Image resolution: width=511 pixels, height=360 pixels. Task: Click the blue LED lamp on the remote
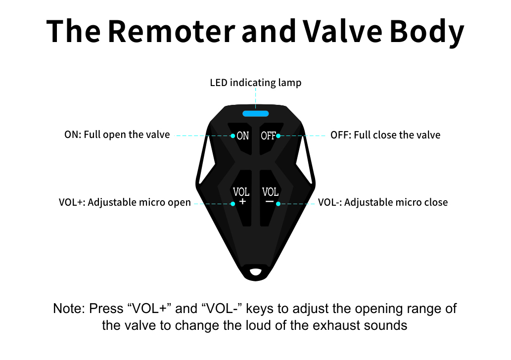coord(255,114)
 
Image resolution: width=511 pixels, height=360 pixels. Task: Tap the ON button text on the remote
coord(243,135)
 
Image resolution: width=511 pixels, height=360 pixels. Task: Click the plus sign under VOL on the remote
coord(242,202)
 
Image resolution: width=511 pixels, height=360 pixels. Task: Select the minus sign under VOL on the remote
coord(270,202)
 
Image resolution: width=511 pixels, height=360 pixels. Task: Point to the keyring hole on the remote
coord(255,271)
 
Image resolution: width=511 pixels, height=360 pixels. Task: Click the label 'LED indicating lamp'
coord(255,83)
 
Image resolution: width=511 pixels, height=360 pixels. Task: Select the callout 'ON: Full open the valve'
coord(117,135)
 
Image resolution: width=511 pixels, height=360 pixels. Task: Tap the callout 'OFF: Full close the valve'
coord(385,135)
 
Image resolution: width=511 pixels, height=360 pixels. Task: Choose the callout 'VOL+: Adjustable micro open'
coord(124,202)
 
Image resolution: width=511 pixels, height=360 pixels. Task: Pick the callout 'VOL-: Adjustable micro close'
coord(383,202)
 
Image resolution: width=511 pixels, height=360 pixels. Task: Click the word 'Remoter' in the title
coord(171,31)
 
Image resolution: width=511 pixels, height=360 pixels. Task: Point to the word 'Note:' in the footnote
coord(69,309)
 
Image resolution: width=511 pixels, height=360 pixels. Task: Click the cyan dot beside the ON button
coord(232,135)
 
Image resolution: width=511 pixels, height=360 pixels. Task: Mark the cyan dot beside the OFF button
coord(278,135)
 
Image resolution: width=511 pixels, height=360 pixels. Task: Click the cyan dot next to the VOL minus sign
coord(278,203)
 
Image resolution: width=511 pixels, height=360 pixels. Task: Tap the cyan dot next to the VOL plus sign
coord(232,203)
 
